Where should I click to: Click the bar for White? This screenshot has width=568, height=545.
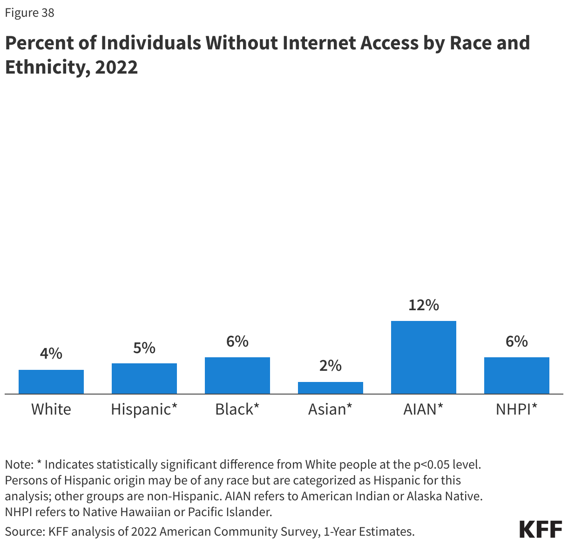[x=51, y=381]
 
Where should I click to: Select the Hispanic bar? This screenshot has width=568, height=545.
[x=144, y=378]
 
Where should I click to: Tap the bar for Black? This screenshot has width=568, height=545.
[x=237, y=375]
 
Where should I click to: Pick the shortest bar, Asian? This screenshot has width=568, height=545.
[x=331, y=388]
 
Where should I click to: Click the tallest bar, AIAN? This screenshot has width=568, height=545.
[x=424, y=357]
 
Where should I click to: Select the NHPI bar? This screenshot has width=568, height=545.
[x=517, y=375]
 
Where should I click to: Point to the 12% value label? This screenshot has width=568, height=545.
[x=424, y=305]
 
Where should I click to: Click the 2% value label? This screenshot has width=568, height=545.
[x=331, y=366]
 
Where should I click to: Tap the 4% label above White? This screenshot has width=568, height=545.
[x=51, y=354]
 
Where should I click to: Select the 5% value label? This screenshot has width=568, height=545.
[x=144, y=347]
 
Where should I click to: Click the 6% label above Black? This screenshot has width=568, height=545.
[x=237, y=341]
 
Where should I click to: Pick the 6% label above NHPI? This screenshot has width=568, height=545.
[x=517, y=341]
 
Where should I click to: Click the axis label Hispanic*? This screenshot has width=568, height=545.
[x=144, y=409]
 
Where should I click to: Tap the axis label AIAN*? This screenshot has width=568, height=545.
[x=423, y=409]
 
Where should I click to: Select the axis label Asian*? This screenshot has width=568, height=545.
[x=330, y=409]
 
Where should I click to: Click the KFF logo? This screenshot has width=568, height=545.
[x=541, y=530]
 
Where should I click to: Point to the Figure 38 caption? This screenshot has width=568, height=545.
[x=30, y=13]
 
